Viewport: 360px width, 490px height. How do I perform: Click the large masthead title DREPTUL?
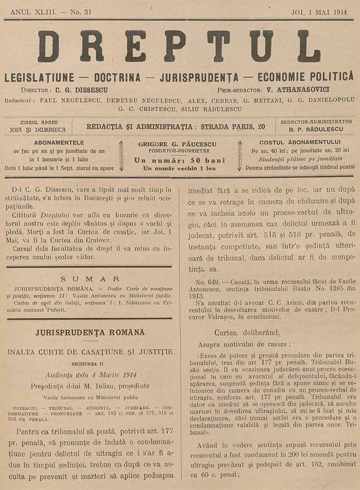pyautogui.click(x=179, y=47)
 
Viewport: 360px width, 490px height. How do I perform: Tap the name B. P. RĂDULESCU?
pyautogui.click(x=316, y=130)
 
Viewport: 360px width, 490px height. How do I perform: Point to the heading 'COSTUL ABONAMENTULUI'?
pyautogui.click(x=300, y=143)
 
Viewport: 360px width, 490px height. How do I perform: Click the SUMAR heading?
pyautogui.click(x=90, y=278)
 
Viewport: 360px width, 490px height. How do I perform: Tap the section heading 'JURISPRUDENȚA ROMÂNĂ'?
pyautogui.click(x=90, y=333)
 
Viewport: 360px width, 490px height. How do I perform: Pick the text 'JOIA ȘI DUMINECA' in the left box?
pyautogui.click(x=37, y=130)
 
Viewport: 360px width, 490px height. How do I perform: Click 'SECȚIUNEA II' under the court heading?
pyautogui.click(x=90, y=364)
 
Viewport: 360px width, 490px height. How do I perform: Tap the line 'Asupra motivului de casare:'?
pyautogui.click(x=244, y=345)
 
